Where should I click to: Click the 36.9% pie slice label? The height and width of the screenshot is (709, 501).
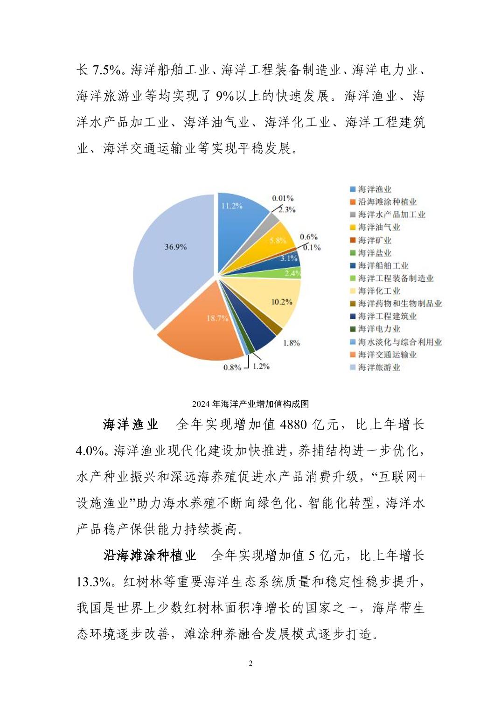coord(175,247)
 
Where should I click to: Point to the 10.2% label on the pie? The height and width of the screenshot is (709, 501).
coord(281,302)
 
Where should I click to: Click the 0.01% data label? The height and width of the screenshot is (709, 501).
coord(283,198)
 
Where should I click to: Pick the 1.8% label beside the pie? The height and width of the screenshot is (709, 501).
coord(291,343)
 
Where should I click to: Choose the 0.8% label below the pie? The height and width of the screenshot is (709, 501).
coord(232,368)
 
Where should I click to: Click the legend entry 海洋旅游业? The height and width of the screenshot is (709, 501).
coord(379,368)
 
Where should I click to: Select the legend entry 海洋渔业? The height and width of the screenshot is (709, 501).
coord(374,189)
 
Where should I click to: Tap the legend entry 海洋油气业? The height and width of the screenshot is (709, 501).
coord(379,228)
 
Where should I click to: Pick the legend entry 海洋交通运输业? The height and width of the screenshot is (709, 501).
coord(387,355)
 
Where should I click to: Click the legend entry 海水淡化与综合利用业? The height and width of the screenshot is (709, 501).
coord(400,342)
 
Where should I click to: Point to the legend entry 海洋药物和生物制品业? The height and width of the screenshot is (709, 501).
coord(400,304)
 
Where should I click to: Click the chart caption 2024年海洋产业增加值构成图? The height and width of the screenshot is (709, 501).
coord(250,404)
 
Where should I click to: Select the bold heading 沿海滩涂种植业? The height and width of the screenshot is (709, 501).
coord(149,556)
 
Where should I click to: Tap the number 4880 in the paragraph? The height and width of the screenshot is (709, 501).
coord(293,425)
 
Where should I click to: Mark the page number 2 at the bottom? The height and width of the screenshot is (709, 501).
coord(250,663)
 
